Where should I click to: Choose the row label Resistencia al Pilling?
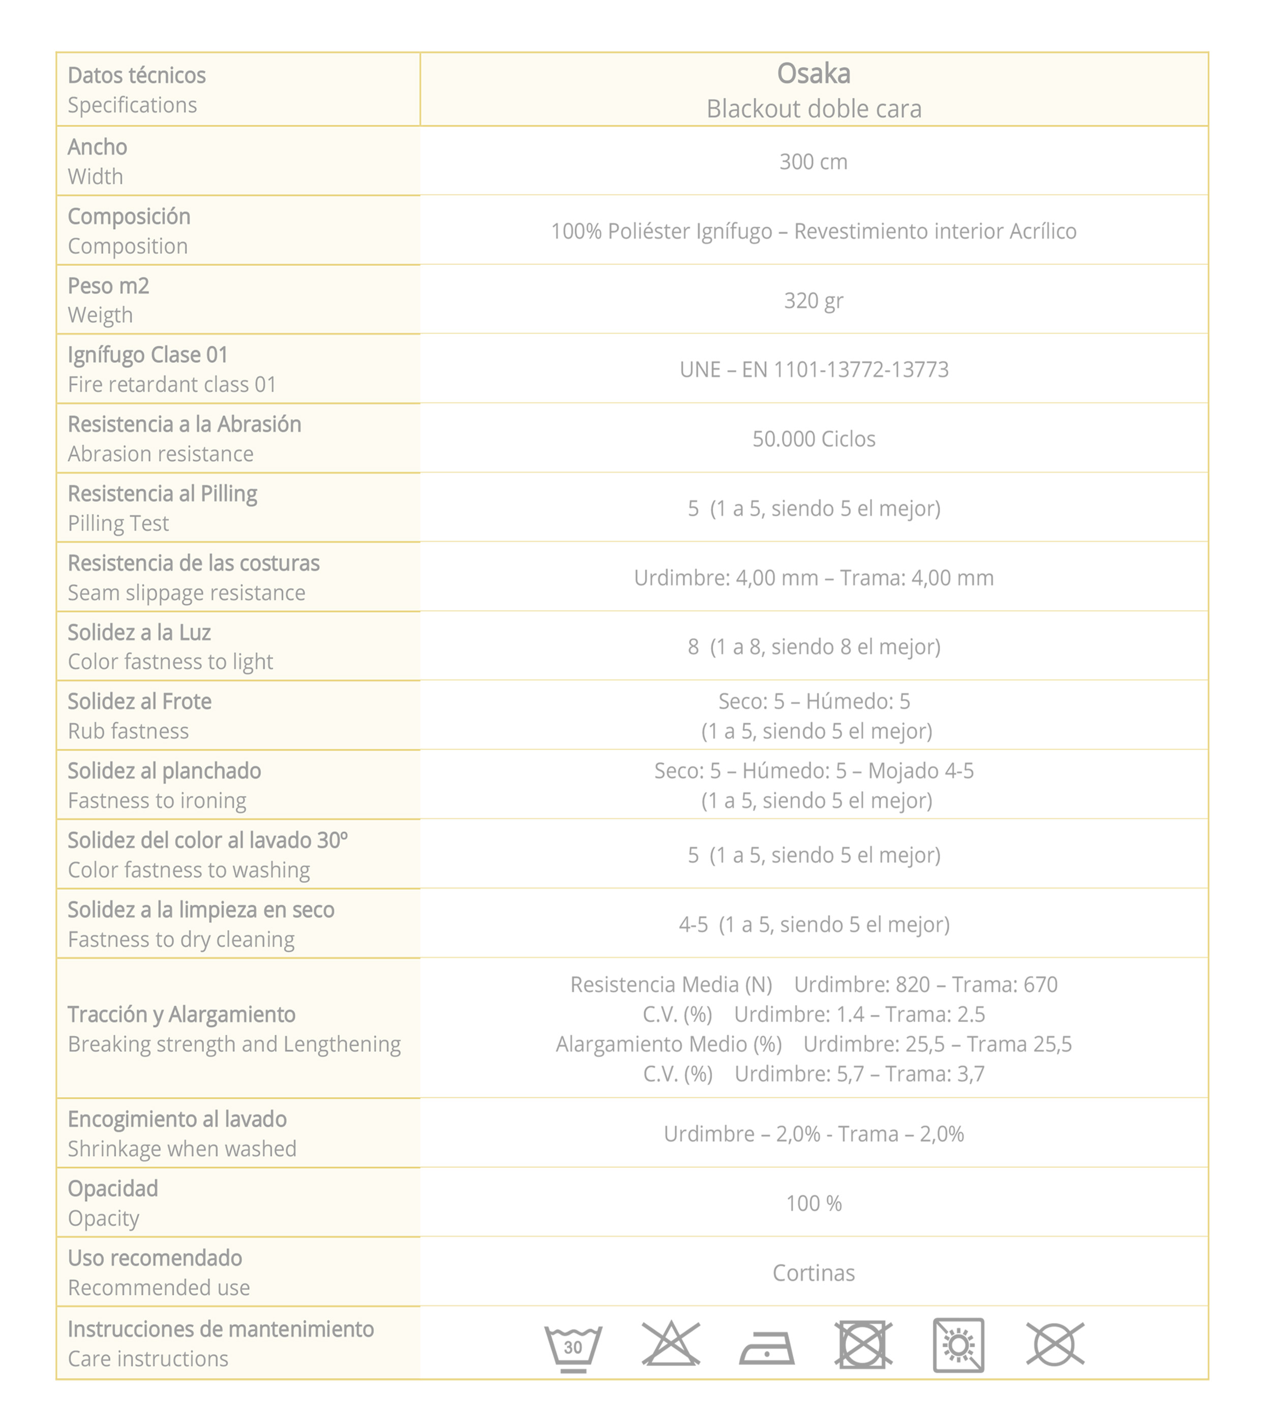pyautogui.click(x=162, y=494)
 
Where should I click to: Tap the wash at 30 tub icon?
pyautogui.click(x=573, y=1346)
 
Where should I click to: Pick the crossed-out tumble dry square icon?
pyautogui.click(x=863, y=1345)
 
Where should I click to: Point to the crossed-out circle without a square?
pyautogui.click(x=1055, y=1344)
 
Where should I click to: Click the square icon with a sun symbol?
pyautogui.click(x=958, y=1345)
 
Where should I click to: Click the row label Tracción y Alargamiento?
pyautogui.click(x=181, y=1014)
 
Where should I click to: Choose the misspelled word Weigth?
pyautogui.click(x=100, y=316)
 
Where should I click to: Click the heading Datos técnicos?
pyautogui.click(x=137, y=75)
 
